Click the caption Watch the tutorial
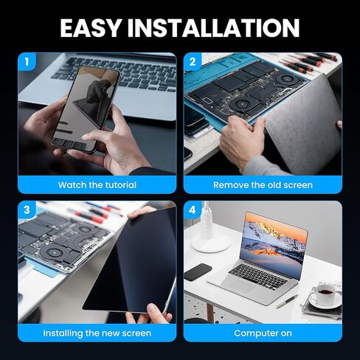[x=97, y=185]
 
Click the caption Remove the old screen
[x=263, y=185]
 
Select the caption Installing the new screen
[x=97, y=333]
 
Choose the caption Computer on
[x=263, y=333]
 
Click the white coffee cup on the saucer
[x=325, y=297]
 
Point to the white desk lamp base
[x=211, y=243]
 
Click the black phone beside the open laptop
[x=197, y=272]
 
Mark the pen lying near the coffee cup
[x=287, y=300]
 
